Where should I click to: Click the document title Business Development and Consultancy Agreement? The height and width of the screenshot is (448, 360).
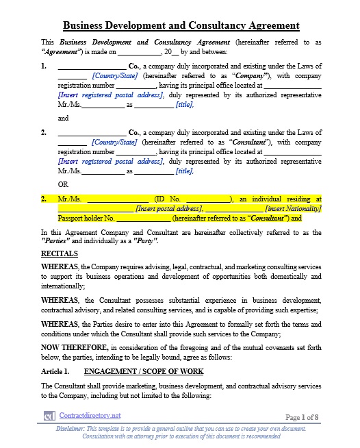[x=181, y=26]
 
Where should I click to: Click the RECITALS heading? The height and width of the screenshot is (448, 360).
[x=59, y=253]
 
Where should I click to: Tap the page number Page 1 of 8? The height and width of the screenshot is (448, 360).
[x=301, y=416]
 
